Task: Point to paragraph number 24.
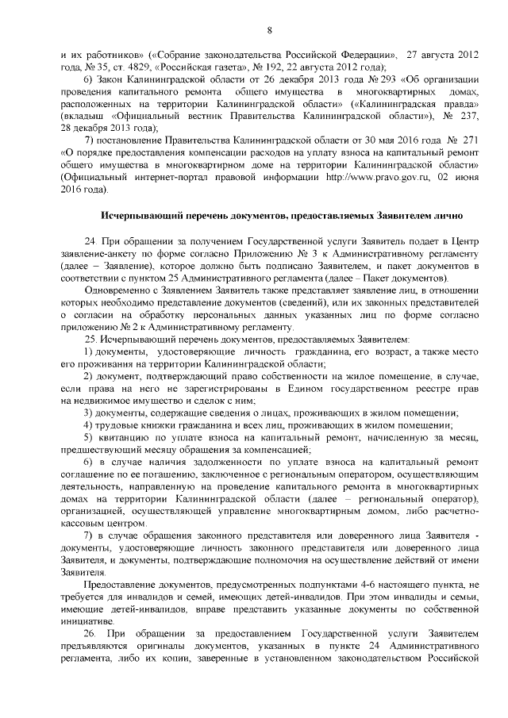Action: point(90,240)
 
